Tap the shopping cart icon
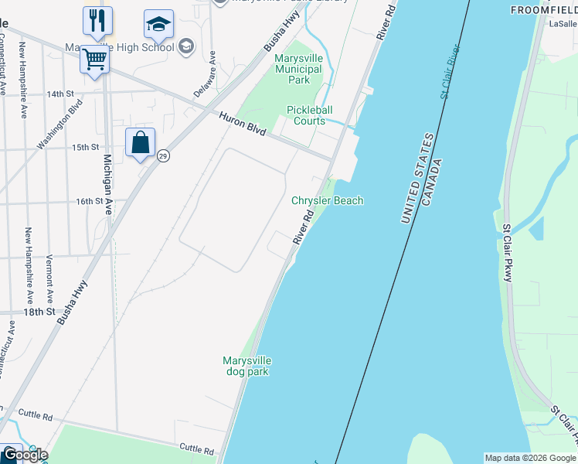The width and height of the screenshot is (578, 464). pos(94,59)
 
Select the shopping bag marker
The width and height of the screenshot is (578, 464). pos(140,143)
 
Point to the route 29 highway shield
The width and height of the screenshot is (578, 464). pos(163,155)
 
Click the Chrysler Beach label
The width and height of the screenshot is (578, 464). pos(327,200)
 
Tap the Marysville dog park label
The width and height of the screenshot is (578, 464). pos(246,366)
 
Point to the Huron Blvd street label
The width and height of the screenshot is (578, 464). pos(243,125)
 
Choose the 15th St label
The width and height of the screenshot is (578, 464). pos(86,147)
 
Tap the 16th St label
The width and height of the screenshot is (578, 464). pos(89,201)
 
